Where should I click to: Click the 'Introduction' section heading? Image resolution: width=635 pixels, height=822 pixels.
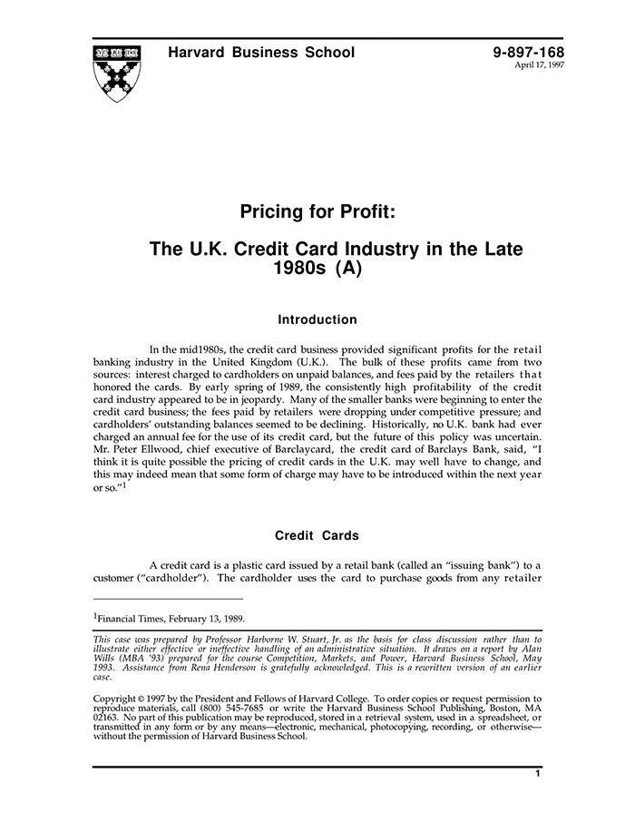[317, 319]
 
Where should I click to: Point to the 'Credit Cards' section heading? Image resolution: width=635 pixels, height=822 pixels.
[317, 535]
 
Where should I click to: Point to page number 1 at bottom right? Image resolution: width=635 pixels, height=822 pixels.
[538, 774]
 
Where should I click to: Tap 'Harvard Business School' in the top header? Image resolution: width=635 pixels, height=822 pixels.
[261, 53]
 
